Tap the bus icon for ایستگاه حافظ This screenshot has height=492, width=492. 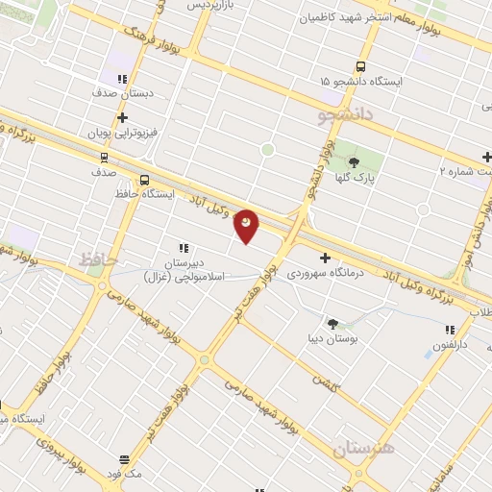pos(144,180)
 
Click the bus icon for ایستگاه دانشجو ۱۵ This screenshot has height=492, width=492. pos(360,67)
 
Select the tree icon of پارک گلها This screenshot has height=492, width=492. pos(354,162)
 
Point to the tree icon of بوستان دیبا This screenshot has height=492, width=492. pos(333,324)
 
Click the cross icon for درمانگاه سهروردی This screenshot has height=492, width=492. pos(325,258)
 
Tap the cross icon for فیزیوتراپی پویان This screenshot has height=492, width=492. pos(122,117)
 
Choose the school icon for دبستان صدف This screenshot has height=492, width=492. pos(121,80)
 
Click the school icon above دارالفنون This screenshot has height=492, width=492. pos(450,330)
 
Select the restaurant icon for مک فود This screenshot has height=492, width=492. pos(124,459)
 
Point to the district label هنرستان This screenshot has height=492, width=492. pos(363,448)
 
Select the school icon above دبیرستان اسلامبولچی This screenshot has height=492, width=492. pos(183,248)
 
